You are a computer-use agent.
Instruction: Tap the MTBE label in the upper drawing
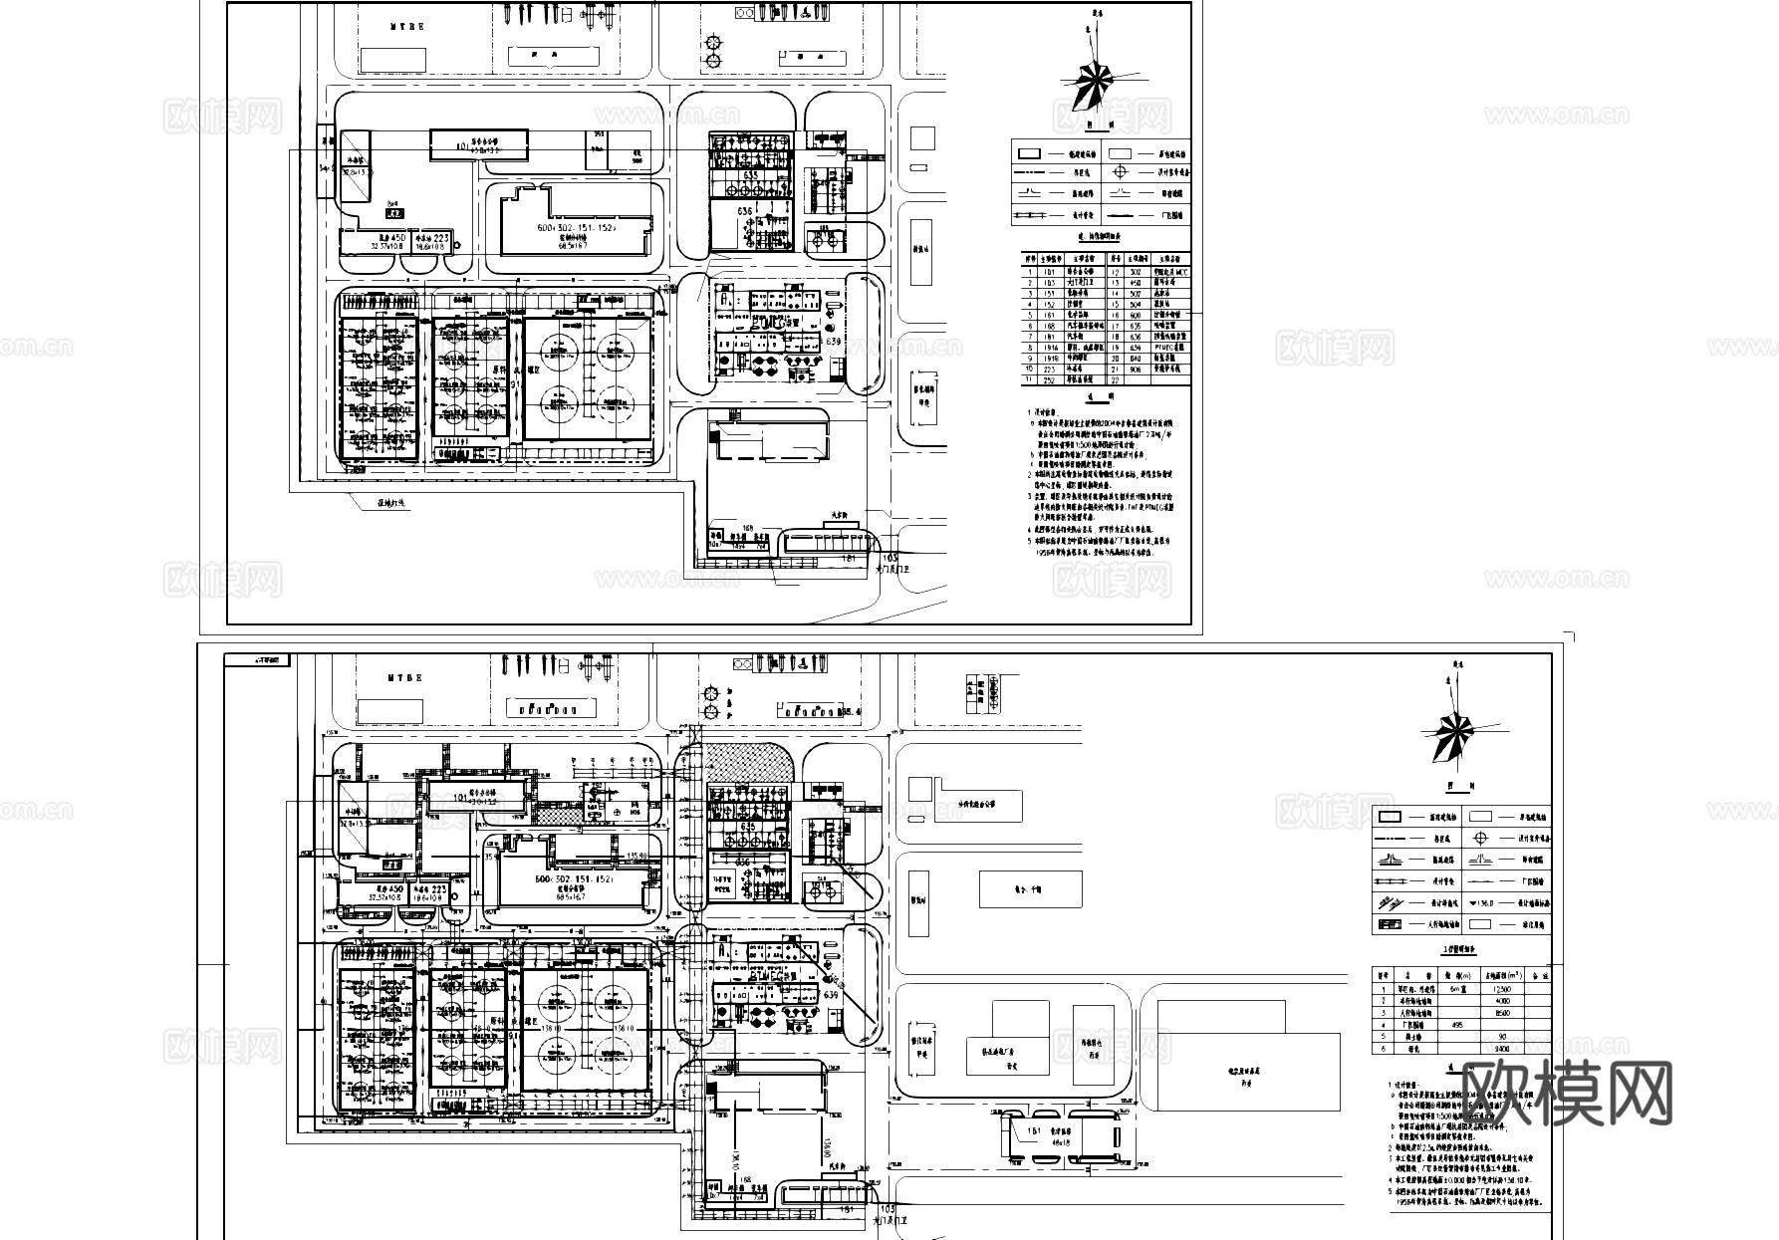(x=407, y=27)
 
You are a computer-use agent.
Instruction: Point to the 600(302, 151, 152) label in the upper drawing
(x=576, y=227)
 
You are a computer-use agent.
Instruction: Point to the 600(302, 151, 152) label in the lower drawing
(x=576, y=879)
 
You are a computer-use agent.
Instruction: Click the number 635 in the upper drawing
(x=750, y=175)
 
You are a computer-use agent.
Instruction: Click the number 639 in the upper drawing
(x=833, y=342)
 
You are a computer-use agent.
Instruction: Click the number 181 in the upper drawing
(x=849, y=559)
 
